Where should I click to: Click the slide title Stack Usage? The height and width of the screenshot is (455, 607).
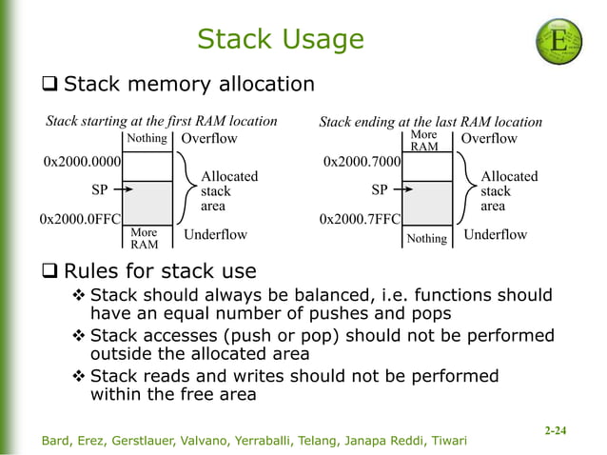click(280, 39)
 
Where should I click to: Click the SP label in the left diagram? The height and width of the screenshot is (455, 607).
click(99, 189)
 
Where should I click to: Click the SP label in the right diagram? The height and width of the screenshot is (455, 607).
click(380, 189)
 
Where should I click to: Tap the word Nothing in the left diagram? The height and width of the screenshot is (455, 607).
click(147, 139)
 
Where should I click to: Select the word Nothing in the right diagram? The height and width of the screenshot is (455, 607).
click(426, 238)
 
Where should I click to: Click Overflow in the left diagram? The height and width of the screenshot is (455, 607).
click(209, 139)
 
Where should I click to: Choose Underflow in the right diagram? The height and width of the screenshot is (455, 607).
click(494, 235)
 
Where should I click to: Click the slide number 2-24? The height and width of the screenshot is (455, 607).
click(555, 431)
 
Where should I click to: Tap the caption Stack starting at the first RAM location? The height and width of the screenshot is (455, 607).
click(162, 121)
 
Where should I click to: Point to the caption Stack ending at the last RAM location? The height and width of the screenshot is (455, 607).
click(430, 122)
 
